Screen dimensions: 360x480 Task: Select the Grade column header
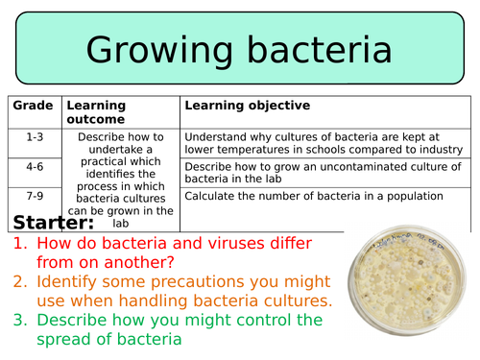[x=33, y=105]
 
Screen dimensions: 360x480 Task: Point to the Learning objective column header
[x=247, y=105]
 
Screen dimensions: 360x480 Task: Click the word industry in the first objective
[x=441, y=150]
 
